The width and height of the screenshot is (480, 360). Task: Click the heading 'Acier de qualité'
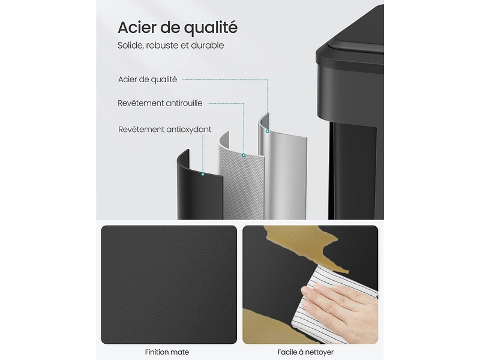[x=178, y=28]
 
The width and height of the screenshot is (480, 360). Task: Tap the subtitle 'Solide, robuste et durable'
[x=171, y=46]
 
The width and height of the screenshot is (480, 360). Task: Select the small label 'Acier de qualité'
[x=148, y=80]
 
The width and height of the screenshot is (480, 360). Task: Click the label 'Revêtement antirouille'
[x=160, y=103]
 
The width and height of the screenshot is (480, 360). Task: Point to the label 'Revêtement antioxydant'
[x=164, y=130]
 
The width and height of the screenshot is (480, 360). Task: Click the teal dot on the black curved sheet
[x=203, y=174]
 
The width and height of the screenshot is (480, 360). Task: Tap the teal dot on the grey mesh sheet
[x=244, y=155]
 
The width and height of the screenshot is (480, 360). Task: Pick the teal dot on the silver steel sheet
[x=267, y=131]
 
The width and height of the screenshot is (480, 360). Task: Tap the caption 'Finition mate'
[x=167, y=352]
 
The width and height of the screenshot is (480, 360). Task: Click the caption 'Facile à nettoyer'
[x=305, y=352]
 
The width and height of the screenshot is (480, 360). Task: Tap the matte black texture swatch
[x=169, y=284]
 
